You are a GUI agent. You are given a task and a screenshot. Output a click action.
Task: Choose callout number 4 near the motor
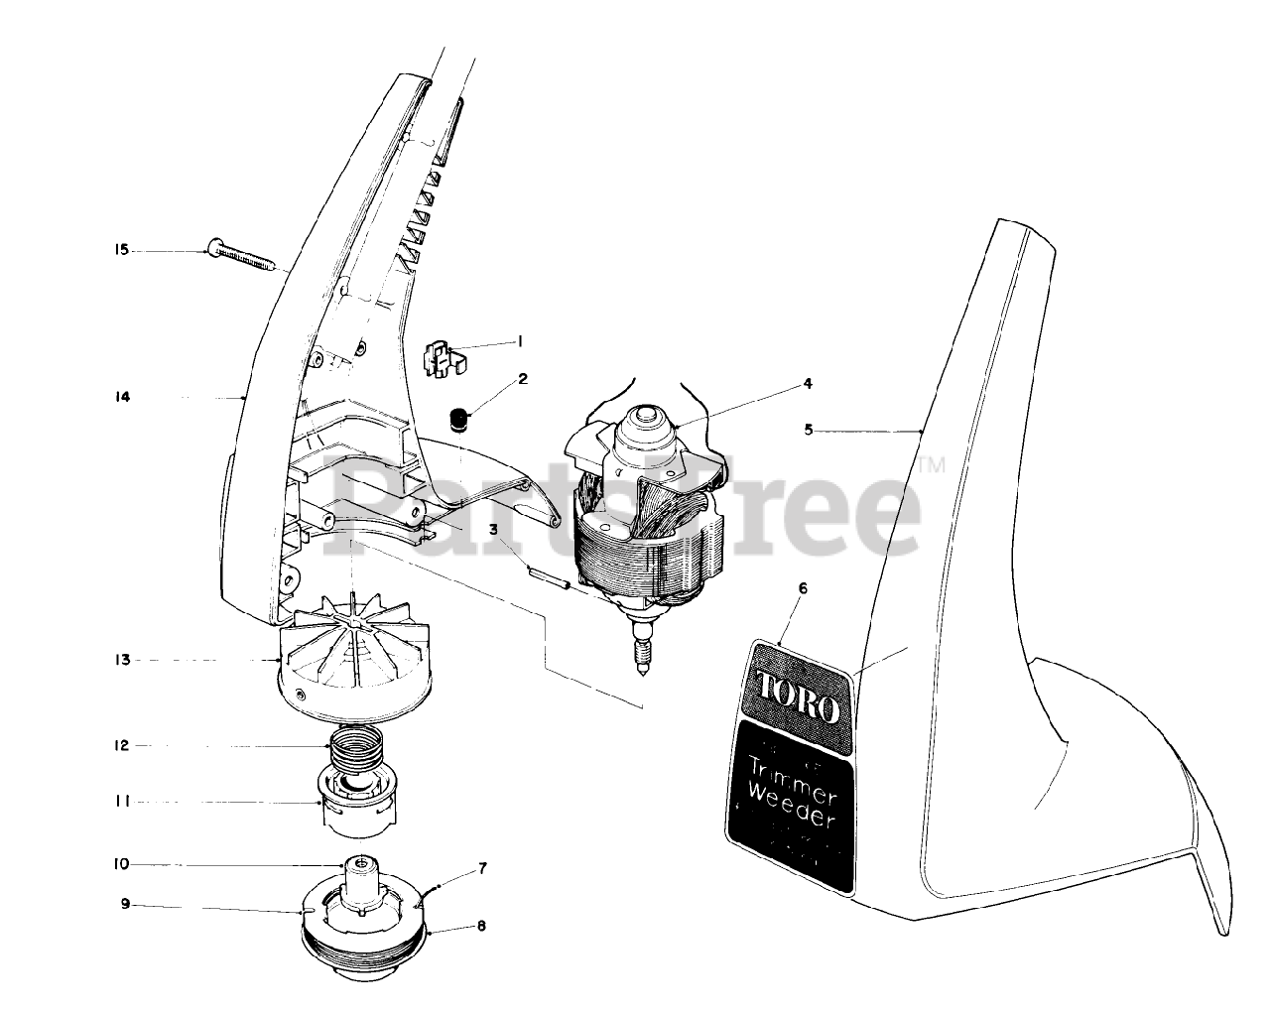[808, 383]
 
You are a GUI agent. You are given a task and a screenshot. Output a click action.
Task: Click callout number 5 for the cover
[808, 431]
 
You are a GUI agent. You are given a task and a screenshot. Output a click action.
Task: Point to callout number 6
[803, 588]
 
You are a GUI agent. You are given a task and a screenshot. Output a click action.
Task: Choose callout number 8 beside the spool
[481, 927]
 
